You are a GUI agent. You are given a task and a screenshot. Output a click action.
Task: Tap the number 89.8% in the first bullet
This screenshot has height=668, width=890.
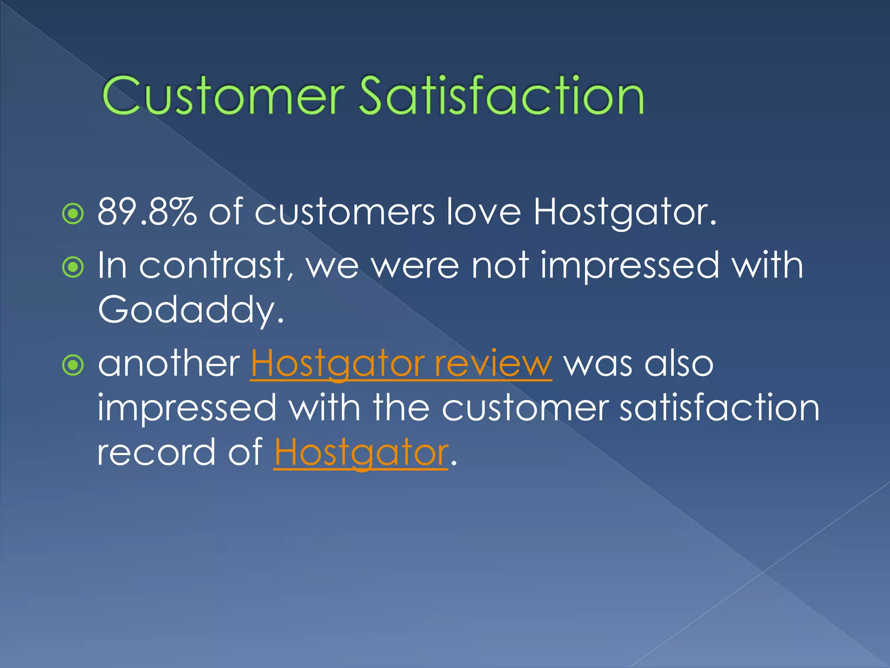pyautogui.click(x=147, y=212)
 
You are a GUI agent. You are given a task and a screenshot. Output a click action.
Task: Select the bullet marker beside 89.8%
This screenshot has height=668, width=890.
pyautogui.click(x=73, y=214)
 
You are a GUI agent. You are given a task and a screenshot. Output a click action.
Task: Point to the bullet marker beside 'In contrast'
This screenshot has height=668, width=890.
pyautogui.click(x=73, y=267)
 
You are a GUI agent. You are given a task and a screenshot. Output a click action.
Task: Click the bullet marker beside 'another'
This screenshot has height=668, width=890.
pyautogui.click(x=73, y=365)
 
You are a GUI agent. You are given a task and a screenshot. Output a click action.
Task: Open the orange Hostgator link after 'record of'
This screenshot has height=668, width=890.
pyautogui.click(x=361, y=453)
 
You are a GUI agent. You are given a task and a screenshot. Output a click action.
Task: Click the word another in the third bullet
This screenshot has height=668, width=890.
pyautogui.click(x=169, y=364)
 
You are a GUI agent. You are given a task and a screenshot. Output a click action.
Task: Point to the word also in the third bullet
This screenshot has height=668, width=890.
pyautogui.click(x=679, y=364)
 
